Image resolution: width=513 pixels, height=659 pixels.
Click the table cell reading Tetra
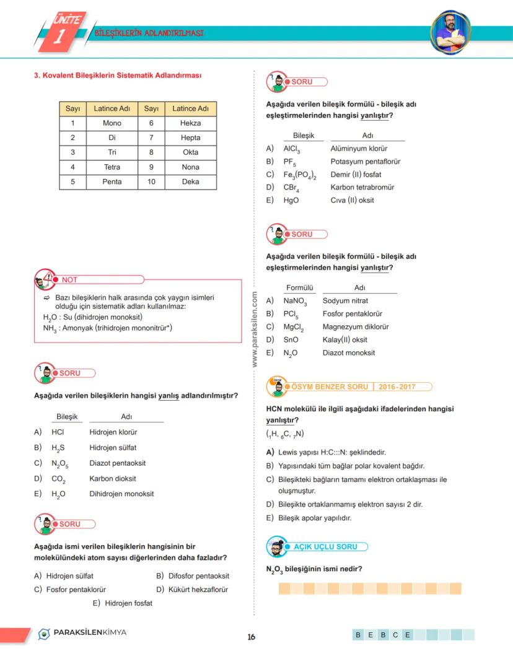112,167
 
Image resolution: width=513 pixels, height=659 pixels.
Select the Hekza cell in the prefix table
190,123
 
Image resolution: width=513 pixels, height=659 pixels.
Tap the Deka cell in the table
190,182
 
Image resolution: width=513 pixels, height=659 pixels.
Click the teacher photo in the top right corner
451,31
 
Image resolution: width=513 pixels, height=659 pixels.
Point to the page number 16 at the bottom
251,637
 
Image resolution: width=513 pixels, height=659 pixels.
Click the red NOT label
69,280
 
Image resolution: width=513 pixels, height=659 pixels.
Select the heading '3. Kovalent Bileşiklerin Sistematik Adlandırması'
118,76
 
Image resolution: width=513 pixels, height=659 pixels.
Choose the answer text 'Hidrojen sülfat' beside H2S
113,447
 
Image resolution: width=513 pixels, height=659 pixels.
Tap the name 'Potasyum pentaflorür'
366,162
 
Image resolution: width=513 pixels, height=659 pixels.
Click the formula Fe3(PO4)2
300,175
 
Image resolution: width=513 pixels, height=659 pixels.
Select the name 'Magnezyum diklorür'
356,326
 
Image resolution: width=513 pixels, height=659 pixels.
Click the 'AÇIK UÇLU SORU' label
325,547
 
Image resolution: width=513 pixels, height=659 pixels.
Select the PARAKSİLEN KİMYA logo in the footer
82,633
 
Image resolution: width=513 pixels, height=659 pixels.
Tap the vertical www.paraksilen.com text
255,331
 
